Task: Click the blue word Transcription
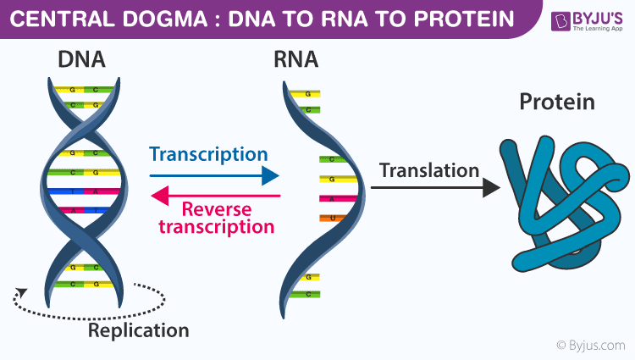point(208,154)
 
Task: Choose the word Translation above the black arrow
point(429,169)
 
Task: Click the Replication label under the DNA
point(139,330)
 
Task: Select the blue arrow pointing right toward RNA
point(214,175)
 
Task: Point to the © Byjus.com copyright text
point(590,346)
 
